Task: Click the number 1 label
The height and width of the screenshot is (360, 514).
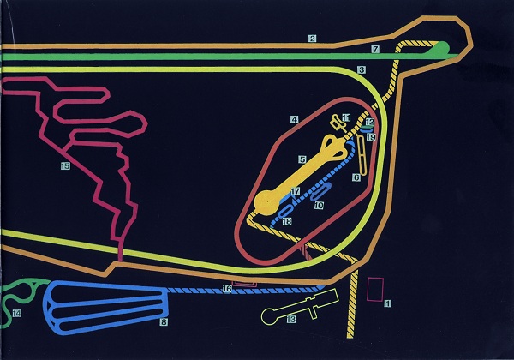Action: tap(387, 303)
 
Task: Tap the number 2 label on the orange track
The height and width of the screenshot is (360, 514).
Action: tap(313, 39)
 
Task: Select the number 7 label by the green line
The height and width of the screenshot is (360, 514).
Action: tap(375, 50)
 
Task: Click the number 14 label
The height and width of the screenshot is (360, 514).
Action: tap(16, 314)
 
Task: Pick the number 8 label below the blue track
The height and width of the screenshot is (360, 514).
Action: tap(163, 322)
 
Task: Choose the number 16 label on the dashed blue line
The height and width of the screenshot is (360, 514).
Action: tap(226, 289)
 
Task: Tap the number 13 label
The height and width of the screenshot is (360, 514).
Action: tap(291, 320)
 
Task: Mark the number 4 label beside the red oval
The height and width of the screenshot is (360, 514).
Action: tap(294, 119)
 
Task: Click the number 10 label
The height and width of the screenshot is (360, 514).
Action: tap(318, 206)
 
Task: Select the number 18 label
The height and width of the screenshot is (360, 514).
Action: tap(287, 221)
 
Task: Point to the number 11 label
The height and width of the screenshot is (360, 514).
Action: tap(346, 118)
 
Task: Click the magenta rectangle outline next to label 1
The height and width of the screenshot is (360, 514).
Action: tap(374, 290)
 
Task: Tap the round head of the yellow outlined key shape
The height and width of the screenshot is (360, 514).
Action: tap(270, 317)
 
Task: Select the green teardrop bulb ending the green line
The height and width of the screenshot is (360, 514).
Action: tap(444, 48)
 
